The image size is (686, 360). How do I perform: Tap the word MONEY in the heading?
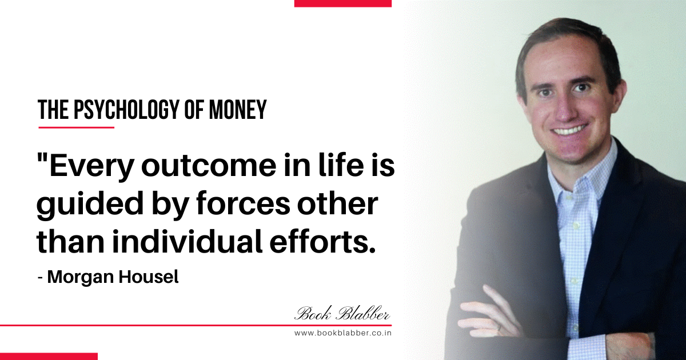click(x=238, y=110)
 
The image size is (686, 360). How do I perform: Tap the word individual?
click(x=188, y=243)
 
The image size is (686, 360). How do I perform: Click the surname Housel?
click(x=149, y=277)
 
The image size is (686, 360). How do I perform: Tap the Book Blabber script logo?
click(x=342, y=314)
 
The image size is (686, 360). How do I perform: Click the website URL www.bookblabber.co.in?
click(x=342, y=333)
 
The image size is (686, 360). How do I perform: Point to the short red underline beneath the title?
click(x=76, y=127)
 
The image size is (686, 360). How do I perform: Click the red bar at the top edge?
click(x=342, y=3)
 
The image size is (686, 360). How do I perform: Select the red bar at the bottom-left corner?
click(x=49, y=357)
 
